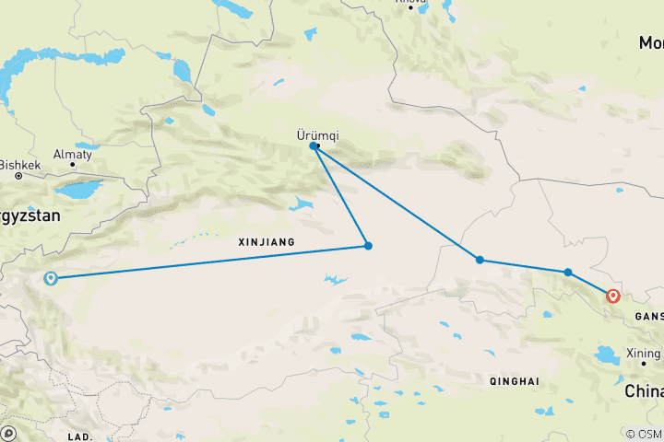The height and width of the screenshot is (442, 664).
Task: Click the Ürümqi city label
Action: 317,134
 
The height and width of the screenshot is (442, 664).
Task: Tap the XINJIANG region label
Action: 266,242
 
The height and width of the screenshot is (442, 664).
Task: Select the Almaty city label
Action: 72,155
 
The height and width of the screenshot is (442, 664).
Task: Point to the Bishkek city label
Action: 20,166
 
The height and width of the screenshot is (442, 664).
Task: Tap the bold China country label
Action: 644,391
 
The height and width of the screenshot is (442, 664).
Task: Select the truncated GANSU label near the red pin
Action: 648,316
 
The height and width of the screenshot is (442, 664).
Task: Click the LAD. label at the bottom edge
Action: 80,435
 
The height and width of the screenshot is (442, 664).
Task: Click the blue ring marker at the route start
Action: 51,278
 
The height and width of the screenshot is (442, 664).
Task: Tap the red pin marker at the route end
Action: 613,296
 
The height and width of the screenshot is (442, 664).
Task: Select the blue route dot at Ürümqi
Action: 314,145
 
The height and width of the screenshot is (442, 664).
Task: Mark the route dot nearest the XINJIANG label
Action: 368,246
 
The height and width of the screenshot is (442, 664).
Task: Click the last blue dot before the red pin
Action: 568,272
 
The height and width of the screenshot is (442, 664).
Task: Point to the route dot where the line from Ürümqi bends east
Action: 480,260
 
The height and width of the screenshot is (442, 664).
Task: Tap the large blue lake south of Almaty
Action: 77,190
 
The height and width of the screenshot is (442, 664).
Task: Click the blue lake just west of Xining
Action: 610,355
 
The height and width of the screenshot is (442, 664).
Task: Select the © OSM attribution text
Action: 644,434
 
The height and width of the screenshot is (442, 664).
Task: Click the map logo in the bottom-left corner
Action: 9,433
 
